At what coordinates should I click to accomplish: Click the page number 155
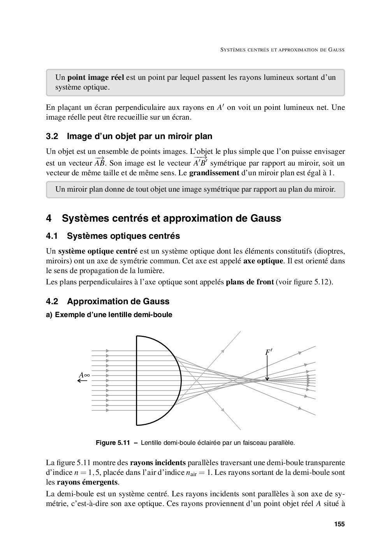tap(339, 524)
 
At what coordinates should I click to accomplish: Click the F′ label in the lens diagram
tap(269, 352)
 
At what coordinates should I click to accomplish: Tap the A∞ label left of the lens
tap(84, 375)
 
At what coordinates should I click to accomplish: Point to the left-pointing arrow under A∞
tap(82, 381)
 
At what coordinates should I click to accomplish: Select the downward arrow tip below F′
tap(268, 379)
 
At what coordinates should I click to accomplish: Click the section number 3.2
tap(52, 136)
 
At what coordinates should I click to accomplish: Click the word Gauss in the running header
tap(336, 50)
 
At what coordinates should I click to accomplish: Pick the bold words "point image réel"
tap(96, 77)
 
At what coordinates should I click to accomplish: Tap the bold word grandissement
tap(214, 173)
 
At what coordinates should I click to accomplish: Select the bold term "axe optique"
tap(263, 261)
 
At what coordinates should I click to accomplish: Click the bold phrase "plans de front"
tap(250, 282)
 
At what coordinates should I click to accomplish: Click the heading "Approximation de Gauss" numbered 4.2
tap(118, 301)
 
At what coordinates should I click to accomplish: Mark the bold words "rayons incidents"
tap(158, 463)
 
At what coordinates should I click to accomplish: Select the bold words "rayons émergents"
tap(87, 482)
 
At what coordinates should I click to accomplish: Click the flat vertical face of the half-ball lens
tap(137, 380)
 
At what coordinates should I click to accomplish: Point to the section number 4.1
tap(52, 236)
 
